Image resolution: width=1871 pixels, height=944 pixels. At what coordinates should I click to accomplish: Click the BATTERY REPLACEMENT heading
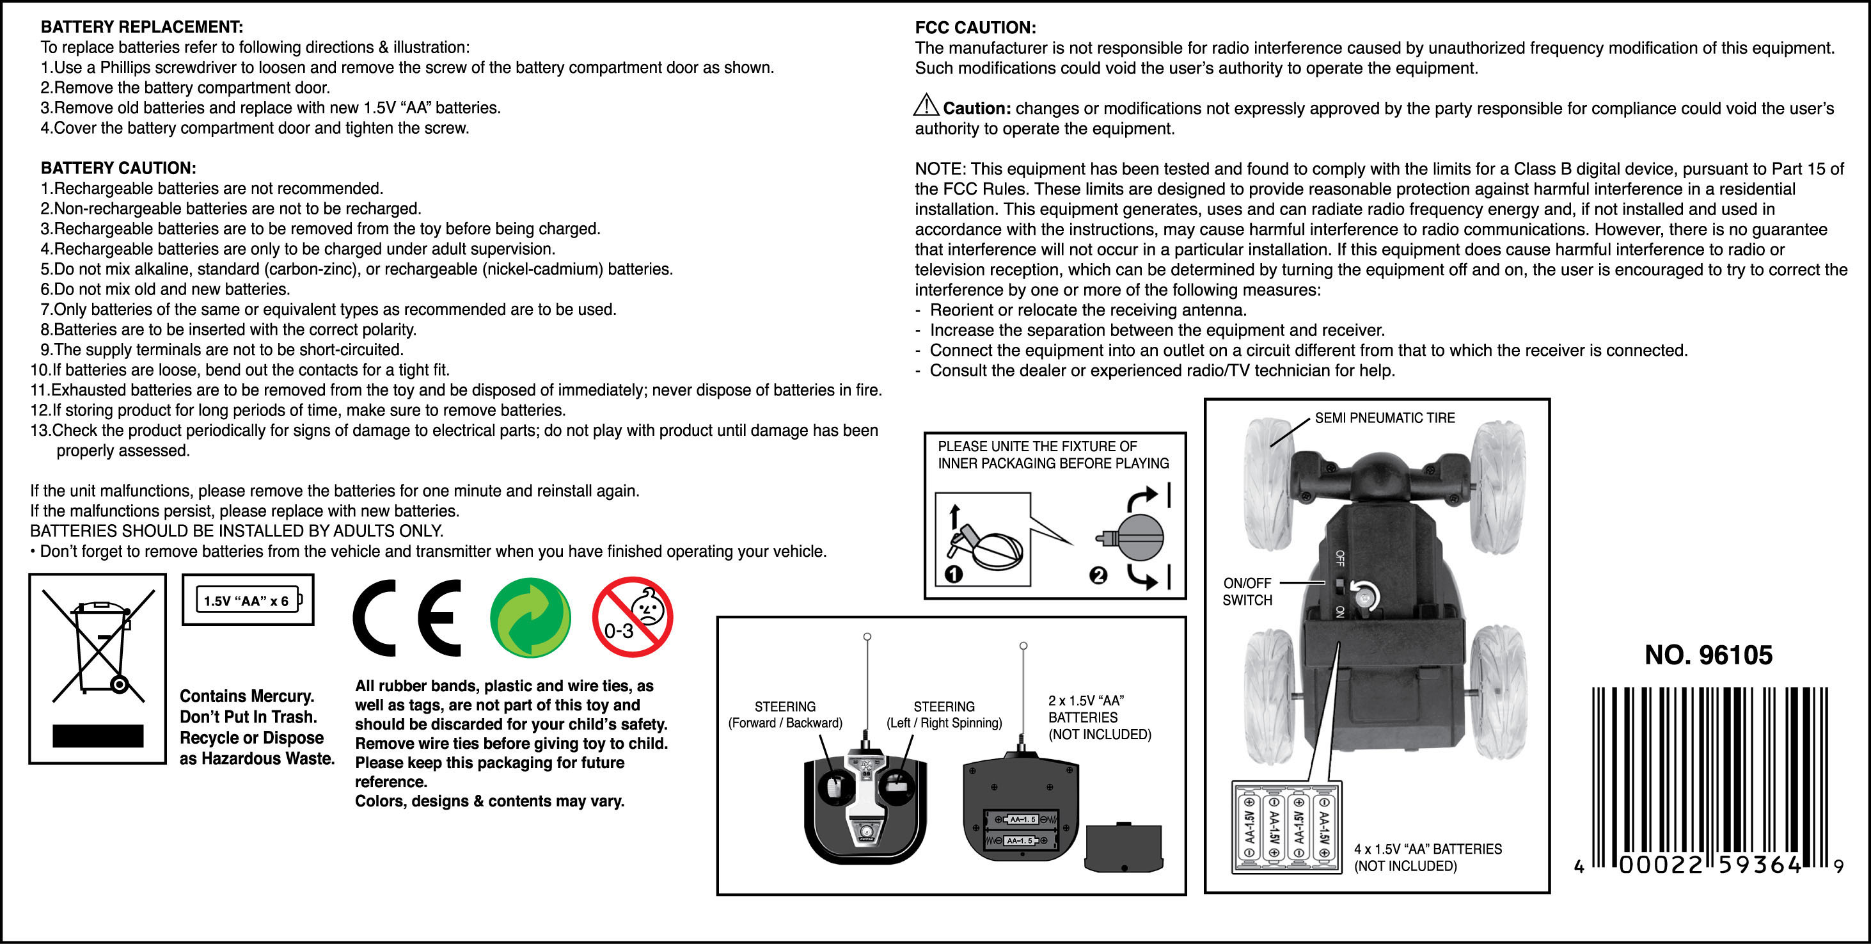click(141, 27)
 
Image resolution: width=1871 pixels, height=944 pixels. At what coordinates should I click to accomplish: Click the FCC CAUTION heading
click(975, 28)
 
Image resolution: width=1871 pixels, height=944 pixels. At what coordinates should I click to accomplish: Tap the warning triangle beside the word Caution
click(926, 106)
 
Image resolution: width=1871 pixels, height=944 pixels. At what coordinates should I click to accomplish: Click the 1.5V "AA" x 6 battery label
click(247, 600)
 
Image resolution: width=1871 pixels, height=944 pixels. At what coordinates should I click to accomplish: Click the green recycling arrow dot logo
click(530, 618)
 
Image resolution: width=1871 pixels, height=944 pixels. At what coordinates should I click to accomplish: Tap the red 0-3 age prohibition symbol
click(632, 617)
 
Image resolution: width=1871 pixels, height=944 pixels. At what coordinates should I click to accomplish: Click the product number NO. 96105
click(1709, 655)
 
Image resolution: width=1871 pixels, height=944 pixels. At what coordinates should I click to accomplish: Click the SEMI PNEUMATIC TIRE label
click(1384, 418)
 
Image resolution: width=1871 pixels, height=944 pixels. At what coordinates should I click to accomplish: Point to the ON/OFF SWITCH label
click(1247, 591)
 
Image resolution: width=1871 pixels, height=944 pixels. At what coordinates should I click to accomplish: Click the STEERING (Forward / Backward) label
click(785, 714)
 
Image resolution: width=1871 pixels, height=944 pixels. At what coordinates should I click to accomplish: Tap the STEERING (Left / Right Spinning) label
click(944, 714)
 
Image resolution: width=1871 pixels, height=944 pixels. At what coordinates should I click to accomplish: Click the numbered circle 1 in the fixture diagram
click(954, 574)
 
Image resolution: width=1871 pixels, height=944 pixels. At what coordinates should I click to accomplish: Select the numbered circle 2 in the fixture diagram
click(1098, 575)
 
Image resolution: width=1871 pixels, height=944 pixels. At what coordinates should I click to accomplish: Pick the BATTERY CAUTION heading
click(118, 168)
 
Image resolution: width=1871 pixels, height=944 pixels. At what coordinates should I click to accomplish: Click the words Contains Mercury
click(247, 696)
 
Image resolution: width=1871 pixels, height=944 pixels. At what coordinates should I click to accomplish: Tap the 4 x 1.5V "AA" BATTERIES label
click(1427, 858)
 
